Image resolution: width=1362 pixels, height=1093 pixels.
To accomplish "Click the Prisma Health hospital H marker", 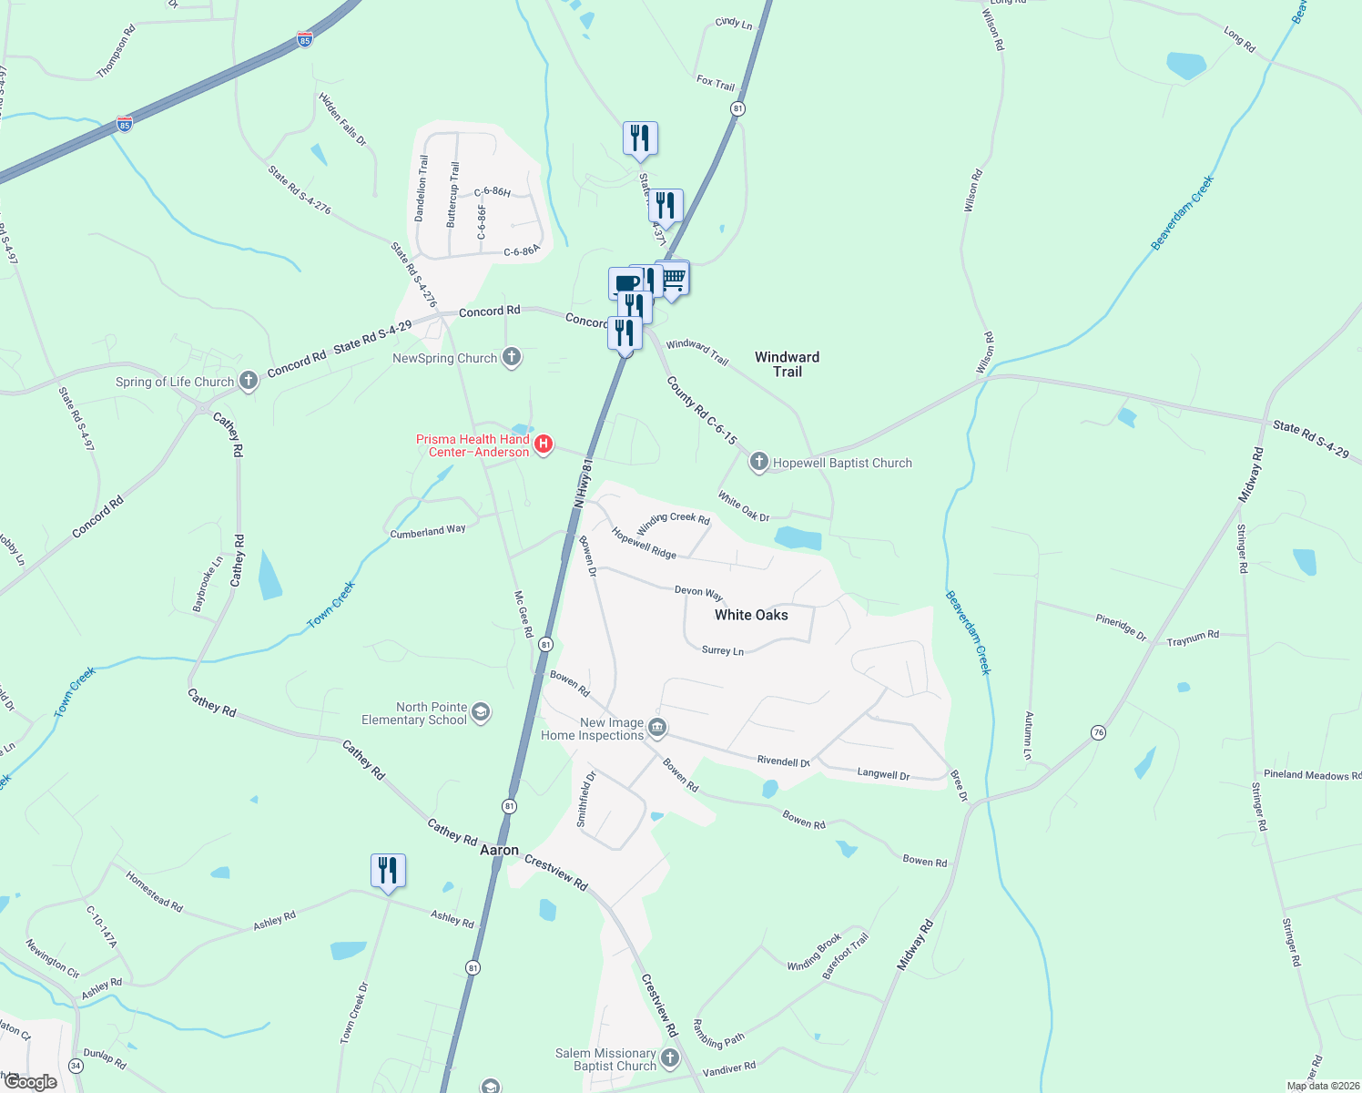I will pos(544,444).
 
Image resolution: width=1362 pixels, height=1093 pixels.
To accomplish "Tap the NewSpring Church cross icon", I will pos(512,357).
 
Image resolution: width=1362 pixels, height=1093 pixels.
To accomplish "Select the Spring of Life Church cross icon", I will pos(249,381).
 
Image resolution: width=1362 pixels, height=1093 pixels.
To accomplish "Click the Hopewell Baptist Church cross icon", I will pos(758,462).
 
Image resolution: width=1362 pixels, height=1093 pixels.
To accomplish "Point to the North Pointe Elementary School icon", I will pos(482,712).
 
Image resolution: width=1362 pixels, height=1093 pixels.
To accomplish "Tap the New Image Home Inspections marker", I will pos(657,728).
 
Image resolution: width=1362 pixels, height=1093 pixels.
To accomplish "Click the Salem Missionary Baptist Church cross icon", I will pos(670,1057).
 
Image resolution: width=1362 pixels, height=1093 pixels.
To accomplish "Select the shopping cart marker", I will pos(673,279).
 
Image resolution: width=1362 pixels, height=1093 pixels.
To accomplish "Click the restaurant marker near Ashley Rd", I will pos(388,871).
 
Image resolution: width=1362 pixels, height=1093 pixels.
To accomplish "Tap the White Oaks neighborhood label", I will pos(751,615).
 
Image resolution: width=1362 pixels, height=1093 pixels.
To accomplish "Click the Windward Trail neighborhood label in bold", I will pos(787,364).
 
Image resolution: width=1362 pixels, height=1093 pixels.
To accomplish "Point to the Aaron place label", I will pos(499,850).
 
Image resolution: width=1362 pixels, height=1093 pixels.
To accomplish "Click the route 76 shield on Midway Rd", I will pos(1099,732).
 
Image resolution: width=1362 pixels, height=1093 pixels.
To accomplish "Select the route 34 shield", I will pos(76,1066).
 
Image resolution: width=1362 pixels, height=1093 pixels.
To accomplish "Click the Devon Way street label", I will pos(698,592).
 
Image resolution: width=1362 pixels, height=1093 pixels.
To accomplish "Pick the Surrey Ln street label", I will pos(723,650).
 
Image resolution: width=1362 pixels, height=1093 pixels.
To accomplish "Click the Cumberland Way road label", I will pos(428,531).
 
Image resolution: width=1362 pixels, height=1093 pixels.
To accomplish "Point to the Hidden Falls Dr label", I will pos(342,118).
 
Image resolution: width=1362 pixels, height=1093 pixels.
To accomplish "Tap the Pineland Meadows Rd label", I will pos(1312,775).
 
